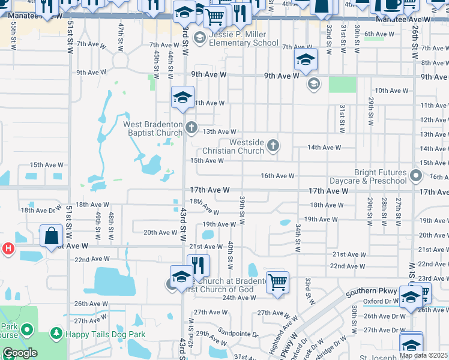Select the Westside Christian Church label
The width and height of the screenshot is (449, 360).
(x=246, y=146)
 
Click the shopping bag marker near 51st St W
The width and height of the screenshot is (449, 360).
(x=52, y=236)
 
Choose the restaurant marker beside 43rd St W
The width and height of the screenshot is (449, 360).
(x=198, y=265)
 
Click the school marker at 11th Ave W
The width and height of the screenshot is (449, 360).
(x=182, y=97)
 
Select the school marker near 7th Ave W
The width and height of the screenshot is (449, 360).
(x=306, y=58)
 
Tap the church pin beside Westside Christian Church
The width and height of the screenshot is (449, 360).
(x=273, y=145)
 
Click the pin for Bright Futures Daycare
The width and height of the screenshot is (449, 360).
(x=416, y=176)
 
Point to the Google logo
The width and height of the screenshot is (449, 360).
(x=20, y=353)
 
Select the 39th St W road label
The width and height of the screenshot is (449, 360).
(x=243, y=206)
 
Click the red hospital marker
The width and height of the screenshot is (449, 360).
(x=7, y=248)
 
